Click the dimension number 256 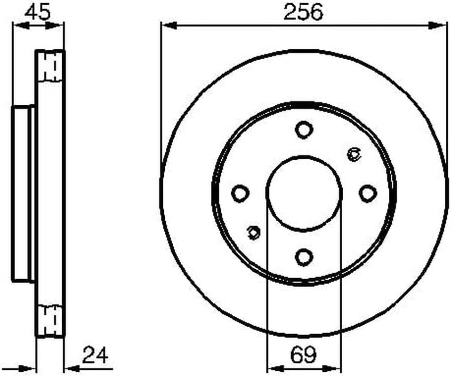pos(303,12)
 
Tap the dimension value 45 pos(37,12)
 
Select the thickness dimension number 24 pos(95,355)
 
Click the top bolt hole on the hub pos(304,130)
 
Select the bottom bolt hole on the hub pos(304,257)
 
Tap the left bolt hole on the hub pos(240,193)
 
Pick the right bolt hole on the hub pos(368,193)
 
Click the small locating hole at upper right pos(354,155)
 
